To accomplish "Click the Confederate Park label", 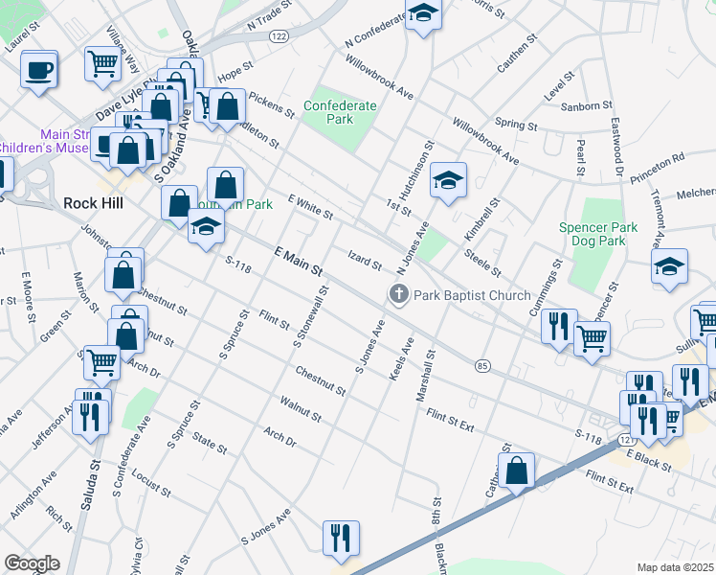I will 328,112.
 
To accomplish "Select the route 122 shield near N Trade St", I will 279,35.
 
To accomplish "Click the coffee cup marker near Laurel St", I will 39,70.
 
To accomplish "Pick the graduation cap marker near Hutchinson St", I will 447,180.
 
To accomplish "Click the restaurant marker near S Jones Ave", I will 341,539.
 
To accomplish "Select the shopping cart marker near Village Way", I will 102,64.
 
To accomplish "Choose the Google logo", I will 32,563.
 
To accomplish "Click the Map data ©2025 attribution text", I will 674,567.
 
